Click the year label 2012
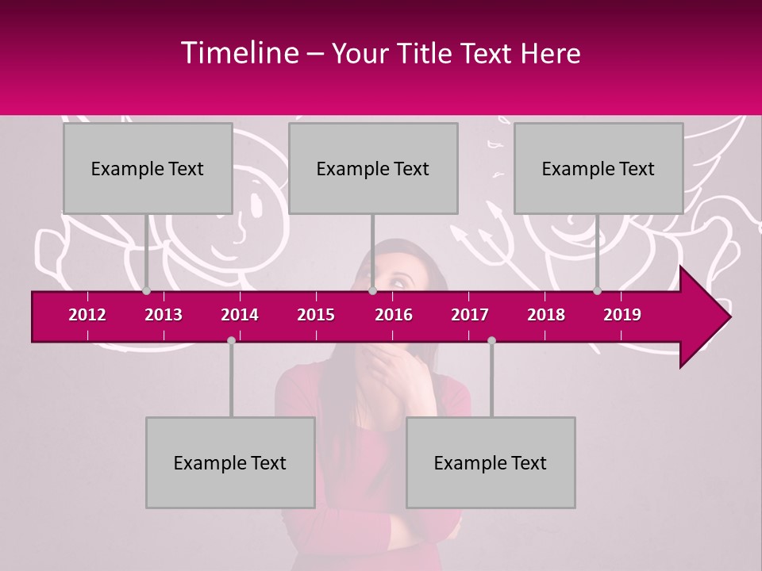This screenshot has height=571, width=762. (x=87, y=315)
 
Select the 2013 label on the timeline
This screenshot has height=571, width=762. (x=164, y=315)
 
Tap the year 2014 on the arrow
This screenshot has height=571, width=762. (x=240, y=315)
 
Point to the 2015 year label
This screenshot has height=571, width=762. (x=316, y=315)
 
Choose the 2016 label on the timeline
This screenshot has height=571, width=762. (x=394, y=315)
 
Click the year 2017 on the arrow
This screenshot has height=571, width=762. (x=470, y=315)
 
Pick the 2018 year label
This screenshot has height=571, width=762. (x=546, y=315)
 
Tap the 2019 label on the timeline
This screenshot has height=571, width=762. (x=622, y=315)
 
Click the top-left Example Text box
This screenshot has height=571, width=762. (x=148, y=168)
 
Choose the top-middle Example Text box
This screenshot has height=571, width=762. (x=373, y=168)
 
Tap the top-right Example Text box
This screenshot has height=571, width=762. (x=598, y=168)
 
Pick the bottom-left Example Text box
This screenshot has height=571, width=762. (x=230, y=462)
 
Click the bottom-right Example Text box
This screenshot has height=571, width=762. (x=491, y=462)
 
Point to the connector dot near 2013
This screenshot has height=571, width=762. (x=146, y=291)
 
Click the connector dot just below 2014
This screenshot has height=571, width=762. (x=231, y=340)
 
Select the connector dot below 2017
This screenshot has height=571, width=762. (x=491, y=340)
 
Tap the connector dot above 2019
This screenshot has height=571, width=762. (x=597, y=291)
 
